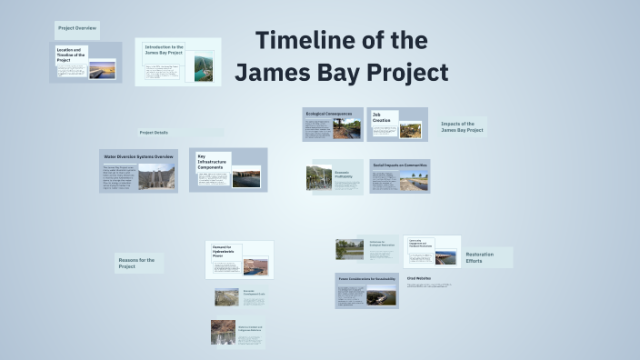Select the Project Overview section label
(x=77, y=28)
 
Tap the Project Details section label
(x=154, y=133)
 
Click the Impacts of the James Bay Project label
(x=463, y=127)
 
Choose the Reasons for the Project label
(x=137, y=263)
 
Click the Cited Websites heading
(x=419, y=278)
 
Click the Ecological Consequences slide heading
(x=328, y=114)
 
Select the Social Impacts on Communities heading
(x=399, y=165)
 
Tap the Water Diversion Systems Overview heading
(x=137, y=156)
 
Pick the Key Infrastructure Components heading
(x=213, y=162)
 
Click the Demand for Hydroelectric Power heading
(x=225, y=252)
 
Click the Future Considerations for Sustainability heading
(x=367, y=278)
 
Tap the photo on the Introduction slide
(x=204, y=70)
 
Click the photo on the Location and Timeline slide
(x=103, y=68)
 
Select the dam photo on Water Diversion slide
(x=156, y=176)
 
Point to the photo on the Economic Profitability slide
(x=320, y=177)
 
